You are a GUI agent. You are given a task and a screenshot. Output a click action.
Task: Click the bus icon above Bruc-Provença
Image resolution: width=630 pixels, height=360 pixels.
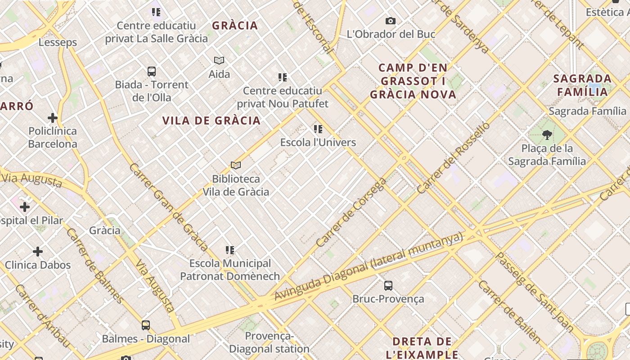(388, 285)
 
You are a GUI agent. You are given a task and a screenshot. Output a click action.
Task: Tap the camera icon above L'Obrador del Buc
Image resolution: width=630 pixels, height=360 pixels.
(391, 21)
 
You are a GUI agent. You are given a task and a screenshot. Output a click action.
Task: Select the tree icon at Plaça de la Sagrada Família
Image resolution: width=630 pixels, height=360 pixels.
(547, 135)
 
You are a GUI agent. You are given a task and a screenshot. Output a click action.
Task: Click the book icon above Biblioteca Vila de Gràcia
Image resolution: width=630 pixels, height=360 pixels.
(235, 165)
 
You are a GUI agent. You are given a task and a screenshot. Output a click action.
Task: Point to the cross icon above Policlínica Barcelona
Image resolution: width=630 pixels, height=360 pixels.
(53, 118)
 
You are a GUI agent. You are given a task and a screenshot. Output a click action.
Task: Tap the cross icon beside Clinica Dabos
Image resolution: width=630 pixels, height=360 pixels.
(38, 251)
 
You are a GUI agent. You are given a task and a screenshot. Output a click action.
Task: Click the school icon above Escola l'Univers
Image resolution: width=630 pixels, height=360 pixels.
(318, 129)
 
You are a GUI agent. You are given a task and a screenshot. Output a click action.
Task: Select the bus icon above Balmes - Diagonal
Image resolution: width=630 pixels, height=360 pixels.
(146, 325)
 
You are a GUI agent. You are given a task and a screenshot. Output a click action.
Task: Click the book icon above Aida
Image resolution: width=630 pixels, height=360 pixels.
(219, 60)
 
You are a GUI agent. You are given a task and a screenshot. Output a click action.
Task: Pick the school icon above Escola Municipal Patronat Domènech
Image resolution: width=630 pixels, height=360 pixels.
(230, 250)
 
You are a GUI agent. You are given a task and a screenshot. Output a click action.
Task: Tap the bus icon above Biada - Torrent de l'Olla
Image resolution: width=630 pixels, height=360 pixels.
(152, 71)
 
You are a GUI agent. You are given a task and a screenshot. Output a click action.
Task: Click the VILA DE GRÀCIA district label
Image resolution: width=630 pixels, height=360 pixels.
(211, 121)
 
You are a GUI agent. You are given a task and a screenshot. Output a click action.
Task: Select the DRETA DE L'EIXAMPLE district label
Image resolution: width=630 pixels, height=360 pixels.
(422, 348)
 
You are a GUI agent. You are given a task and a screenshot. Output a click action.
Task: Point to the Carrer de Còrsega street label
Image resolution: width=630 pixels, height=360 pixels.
(351, 212)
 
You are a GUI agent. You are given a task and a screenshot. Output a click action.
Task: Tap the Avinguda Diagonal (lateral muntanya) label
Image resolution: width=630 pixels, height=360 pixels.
(369, 266)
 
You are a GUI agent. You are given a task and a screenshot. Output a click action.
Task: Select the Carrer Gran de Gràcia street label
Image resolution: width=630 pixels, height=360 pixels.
(168, 207)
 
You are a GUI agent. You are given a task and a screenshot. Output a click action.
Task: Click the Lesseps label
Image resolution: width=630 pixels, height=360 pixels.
(58, 43)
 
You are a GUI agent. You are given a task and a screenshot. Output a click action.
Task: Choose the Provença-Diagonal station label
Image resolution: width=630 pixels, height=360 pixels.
(269, 342)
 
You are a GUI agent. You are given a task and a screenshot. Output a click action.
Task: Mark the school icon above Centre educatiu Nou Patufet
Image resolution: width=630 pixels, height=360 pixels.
(283, 77)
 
